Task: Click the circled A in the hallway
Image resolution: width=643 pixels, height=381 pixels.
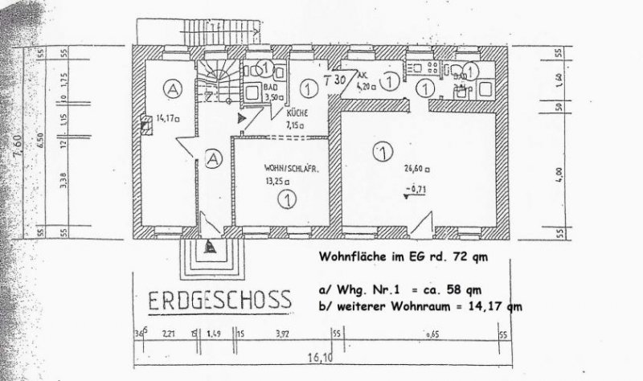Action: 213,158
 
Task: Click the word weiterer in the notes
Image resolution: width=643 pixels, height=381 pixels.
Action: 369,305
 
